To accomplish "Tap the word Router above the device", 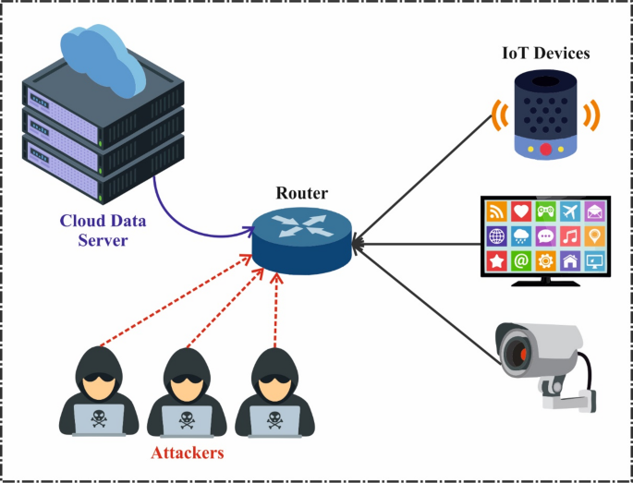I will coord(301,194).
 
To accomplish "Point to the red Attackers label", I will coord(187,454).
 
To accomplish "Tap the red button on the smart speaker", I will coord(545,149).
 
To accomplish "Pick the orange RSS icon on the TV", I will coord(498,210).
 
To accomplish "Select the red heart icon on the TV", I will coord(522,210).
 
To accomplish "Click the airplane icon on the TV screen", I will coord(570,210).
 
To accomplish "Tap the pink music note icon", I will coord(570,235).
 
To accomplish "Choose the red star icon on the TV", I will coord(498,260).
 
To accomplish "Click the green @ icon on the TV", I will coord(522,260).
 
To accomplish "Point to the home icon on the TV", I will coord(570,260).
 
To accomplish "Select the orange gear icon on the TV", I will coord(546,260).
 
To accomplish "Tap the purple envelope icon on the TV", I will coord(594,210).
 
